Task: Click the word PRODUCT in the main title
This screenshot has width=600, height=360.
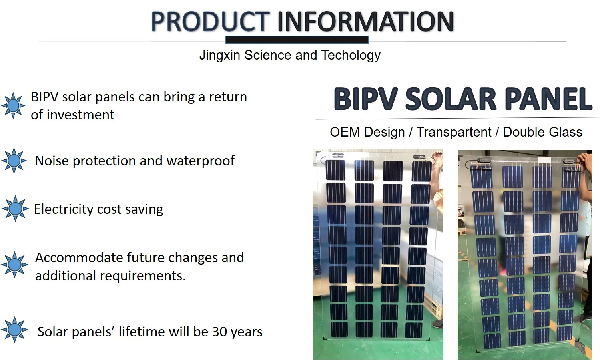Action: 210,22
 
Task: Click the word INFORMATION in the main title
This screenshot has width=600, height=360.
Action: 365,22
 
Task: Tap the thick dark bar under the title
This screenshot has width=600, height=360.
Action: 297,40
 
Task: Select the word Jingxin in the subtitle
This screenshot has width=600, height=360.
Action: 220,55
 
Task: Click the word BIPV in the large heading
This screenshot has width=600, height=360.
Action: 366,99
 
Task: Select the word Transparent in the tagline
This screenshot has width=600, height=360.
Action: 454,132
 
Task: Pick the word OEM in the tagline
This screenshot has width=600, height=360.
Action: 344,132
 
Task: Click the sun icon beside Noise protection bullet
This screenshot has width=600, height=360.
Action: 14,161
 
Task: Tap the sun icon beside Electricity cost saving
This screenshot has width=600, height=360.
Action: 15,209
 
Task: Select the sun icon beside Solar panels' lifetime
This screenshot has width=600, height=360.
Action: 15,330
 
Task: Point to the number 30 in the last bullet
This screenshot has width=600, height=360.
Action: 219,332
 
